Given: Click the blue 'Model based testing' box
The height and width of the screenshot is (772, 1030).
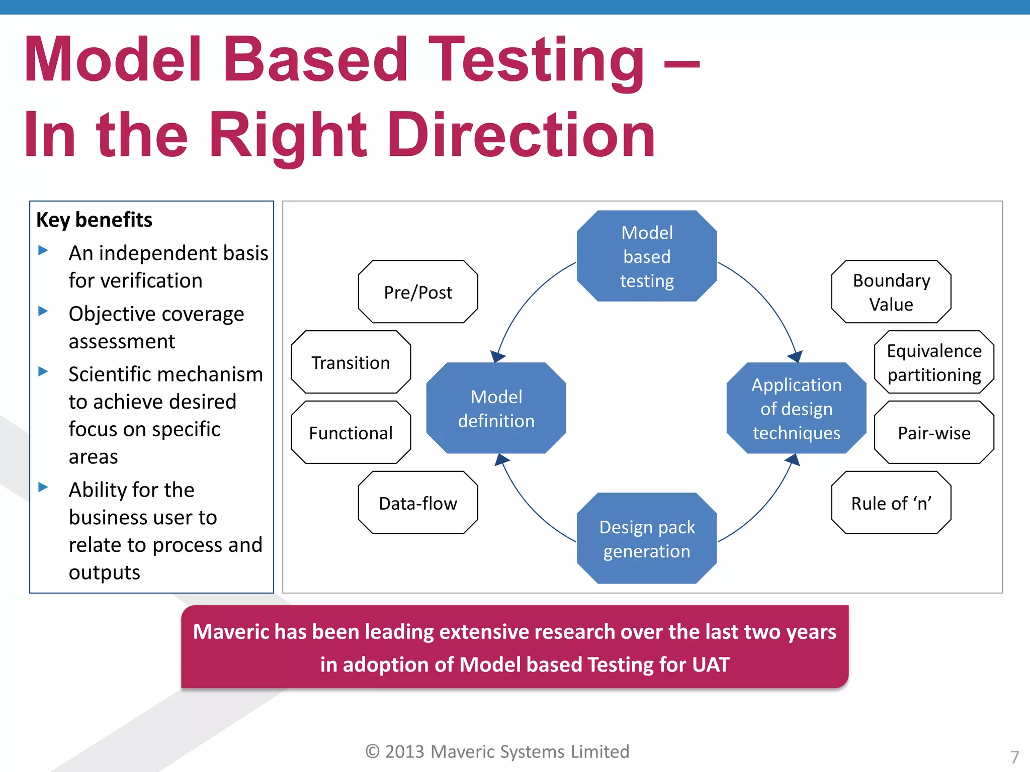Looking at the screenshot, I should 646,256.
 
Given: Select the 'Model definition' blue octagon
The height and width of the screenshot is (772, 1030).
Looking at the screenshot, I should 496,408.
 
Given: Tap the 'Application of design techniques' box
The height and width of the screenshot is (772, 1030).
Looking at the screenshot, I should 796,408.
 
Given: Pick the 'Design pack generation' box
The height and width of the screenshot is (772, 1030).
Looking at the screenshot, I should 646,538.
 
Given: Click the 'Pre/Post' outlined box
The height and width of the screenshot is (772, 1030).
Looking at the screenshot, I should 418,292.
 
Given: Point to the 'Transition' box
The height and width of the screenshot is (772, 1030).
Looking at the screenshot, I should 351,362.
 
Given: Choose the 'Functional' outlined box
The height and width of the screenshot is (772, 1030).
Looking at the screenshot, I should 351,433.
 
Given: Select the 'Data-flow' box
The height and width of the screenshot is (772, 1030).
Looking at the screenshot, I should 418,503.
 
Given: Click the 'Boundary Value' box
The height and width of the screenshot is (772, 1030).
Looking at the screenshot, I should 891,292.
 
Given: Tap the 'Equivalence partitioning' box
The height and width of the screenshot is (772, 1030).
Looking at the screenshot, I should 934,362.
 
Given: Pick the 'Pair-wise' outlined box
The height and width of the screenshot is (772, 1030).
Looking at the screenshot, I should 934,433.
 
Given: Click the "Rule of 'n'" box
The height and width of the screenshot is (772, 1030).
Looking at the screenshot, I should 891,503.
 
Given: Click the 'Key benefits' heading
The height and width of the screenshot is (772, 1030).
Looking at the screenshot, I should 94,220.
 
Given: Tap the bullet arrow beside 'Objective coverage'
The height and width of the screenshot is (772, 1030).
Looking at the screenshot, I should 43,311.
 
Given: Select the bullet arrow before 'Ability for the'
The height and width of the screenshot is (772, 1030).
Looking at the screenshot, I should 43,487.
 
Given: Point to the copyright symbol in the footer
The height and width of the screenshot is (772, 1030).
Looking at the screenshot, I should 372,751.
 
